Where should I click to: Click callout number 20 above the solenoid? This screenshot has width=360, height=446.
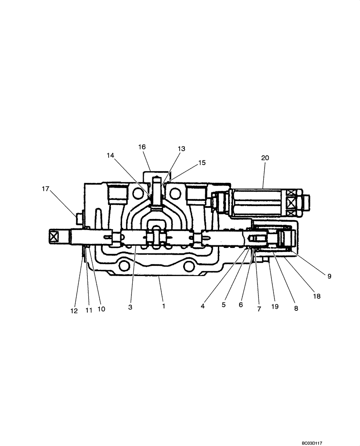click(265, 158)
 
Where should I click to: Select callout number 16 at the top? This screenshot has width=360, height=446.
click(142, 147)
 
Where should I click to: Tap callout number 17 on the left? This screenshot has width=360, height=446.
click(45, 189)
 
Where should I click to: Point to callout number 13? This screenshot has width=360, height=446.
click(181, 149)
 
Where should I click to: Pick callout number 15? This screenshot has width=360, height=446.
click(202, 163)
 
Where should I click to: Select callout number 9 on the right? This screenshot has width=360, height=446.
click(329, 277)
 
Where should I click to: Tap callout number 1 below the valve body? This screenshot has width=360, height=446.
click(164, 306)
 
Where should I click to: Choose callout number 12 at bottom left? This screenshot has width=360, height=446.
click(74, 310)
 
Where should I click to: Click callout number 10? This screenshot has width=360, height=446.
click(101, 309)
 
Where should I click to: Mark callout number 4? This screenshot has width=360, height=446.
click(203, 306)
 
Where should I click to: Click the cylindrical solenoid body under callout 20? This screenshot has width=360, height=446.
click(258, 203)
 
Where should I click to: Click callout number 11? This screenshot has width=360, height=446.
click(89, 310)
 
